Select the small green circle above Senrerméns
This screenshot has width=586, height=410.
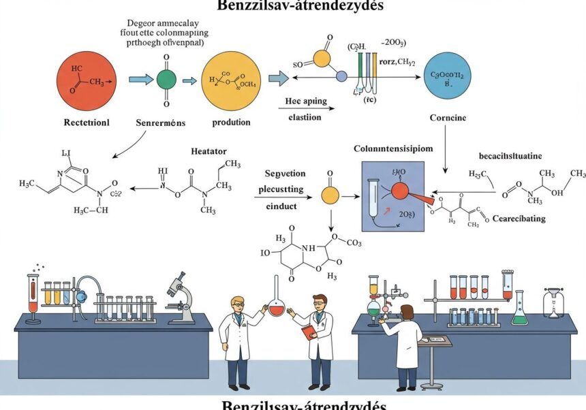[166, 79]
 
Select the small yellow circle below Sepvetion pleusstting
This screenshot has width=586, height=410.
[330, 196]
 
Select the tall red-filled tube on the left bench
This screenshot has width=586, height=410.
[33, 294]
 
